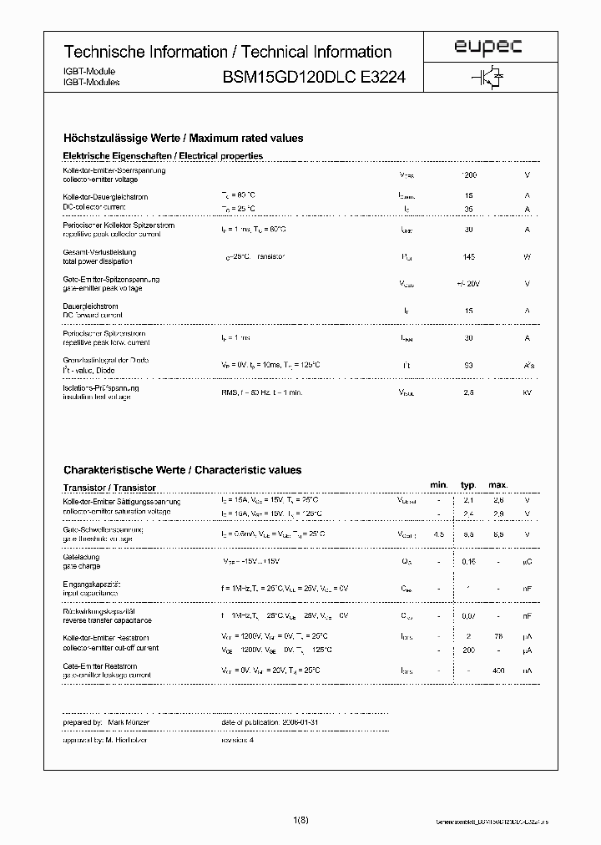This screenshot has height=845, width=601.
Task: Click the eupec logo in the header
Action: tap(488, 49)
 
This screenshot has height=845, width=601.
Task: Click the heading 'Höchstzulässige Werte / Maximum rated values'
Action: tap(184, 139)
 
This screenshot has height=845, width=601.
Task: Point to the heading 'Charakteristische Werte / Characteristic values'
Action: tap(183, 470)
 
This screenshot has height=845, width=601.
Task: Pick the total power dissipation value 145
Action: tap(468, 257)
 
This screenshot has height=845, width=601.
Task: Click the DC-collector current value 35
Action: tap(468, 209)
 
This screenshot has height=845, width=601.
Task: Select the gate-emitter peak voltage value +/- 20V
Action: tap(468, 284)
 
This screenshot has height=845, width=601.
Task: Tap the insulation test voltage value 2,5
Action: tap(468, 392)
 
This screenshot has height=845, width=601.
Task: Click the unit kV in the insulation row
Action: tap(527, 392)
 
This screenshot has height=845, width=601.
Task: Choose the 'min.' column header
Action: tap(439, 485)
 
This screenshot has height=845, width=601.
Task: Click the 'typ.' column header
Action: tap(468, 485)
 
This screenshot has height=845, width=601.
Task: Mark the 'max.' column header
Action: tap(498, 485)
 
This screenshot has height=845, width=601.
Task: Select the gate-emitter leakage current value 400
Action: tap(498, 670)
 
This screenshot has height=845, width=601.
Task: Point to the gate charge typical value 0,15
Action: tap(468, 562)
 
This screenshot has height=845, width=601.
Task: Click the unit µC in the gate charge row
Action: tap(527, 562)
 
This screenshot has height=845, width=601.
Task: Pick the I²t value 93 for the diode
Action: tap(468, 365)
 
